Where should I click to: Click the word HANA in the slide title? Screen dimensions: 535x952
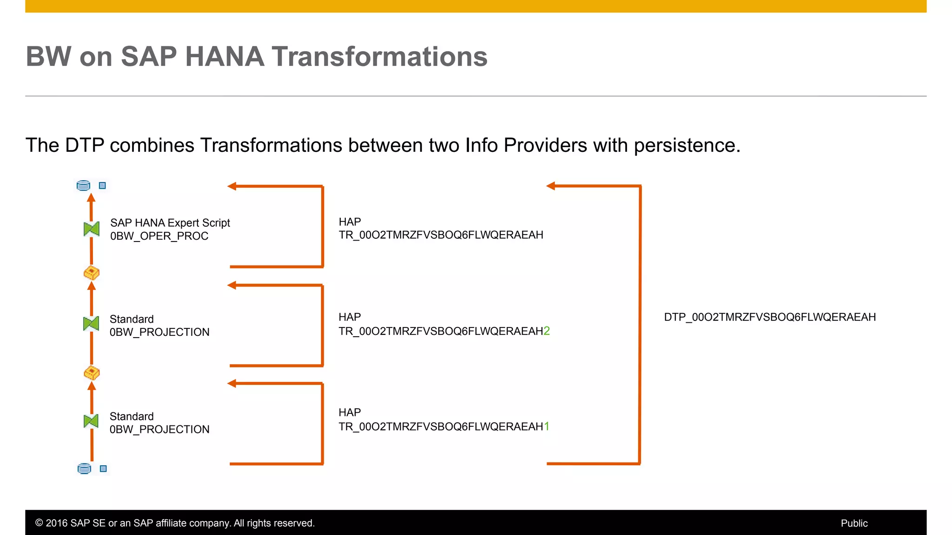225,57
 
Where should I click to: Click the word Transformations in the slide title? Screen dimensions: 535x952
379,57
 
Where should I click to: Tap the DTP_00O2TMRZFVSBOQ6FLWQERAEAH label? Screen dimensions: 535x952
770,317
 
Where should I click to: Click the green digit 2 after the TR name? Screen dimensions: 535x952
547,331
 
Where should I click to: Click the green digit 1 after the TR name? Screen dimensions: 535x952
547,426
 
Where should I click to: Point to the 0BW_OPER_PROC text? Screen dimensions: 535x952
159,236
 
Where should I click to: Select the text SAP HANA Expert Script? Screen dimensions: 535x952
170,223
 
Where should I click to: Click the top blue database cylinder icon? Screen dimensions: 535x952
83,186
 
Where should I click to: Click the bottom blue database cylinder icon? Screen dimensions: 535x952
84,469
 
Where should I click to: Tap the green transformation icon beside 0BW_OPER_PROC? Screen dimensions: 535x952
92,228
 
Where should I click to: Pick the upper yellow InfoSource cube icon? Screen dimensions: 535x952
92,273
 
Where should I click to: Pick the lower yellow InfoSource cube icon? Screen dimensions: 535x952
92,372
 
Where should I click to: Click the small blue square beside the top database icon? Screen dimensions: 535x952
103,186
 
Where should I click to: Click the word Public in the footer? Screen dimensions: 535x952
854,523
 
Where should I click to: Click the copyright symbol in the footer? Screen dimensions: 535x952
39,523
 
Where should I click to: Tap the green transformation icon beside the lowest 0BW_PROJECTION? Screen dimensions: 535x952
91,421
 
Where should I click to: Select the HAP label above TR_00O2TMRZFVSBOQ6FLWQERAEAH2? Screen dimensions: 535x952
350,317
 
